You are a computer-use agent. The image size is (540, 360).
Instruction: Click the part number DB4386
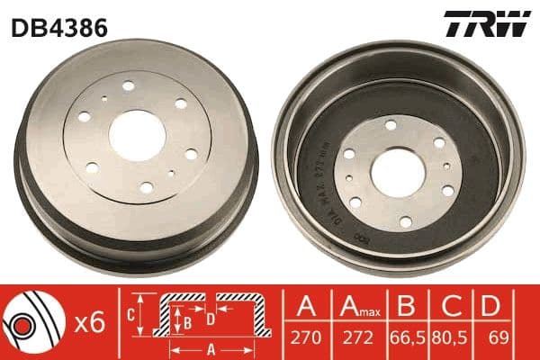point(59,27)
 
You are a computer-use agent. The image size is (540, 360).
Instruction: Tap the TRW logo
point(485,25)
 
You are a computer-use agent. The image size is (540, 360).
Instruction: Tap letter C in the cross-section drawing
point(130,314)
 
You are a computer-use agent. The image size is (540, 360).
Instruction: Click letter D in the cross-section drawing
point(209,318)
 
